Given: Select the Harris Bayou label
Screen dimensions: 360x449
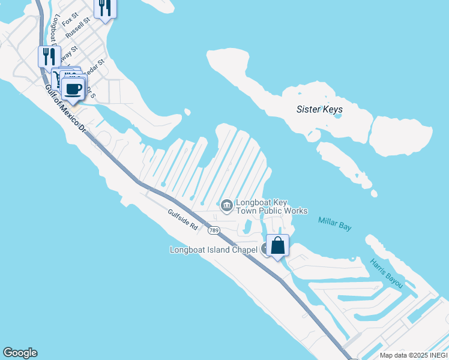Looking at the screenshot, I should tap(387, 273).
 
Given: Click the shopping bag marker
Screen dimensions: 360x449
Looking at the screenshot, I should tap(277, 245).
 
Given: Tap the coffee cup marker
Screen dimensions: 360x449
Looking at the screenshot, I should tap(73, 89).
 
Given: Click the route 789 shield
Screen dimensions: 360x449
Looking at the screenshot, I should tap(214, 230).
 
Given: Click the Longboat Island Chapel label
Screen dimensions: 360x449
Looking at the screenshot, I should tap(214, 250).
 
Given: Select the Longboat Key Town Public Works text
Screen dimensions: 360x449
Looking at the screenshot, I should tap(271, 207).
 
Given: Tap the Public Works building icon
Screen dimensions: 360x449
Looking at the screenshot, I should tap(226, 206).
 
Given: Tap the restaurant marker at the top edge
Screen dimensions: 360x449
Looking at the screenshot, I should tap(105, 7).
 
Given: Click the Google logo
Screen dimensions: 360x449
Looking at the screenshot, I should tap(20, 353).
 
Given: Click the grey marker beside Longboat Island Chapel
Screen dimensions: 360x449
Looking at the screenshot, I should tap(266, 250).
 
